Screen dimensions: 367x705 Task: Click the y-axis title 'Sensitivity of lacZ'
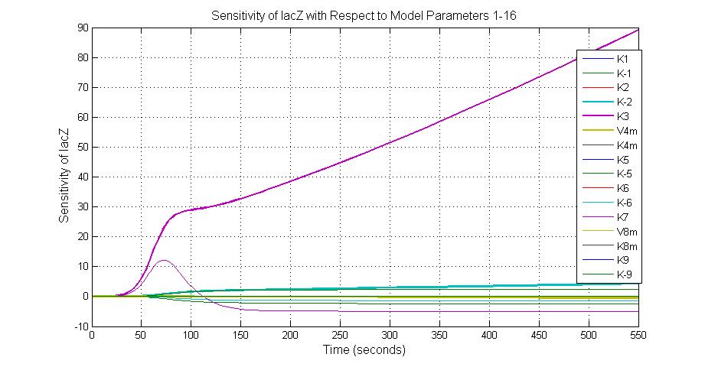tap(64, 175)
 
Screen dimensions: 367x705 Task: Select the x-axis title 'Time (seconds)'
tap(365, 351)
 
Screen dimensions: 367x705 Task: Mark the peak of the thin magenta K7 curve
tap(163, 261)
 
